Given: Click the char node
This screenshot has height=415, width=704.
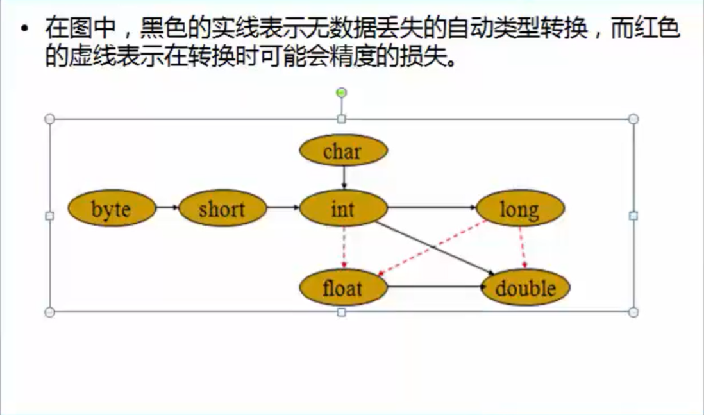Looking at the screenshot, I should (343, 151).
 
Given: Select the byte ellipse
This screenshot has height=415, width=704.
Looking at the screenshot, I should (112, 209).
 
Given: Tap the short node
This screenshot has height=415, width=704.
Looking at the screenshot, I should (222, 209).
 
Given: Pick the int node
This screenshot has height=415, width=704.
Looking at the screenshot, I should (343, 209).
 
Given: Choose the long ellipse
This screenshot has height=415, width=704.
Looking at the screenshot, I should (519, 209).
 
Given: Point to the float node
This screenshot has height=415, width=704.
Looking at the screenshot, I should (343, 288).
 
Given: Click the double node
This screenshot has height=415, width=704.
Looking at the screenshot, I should (526, 288).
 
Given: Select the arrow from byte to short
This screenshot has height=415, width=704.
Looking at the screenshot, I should (167, 207).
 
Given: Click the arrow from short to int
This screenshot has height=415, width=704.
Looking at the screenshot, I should (283, 207).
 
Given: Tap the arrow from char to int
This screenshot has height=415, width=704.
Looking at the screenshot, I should (344, 178).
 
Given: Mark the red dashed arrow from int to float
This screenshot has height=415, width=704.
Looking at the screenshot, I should (344, 248).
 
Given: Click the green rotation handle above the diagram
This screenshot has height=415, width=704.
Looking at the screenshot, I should (341, 93).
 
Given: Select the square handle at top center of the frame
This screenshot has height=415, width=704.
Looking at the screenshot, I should (341, 119).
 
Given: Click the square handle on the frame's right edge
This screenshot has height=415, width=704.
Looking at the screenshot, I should (633, 216).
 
